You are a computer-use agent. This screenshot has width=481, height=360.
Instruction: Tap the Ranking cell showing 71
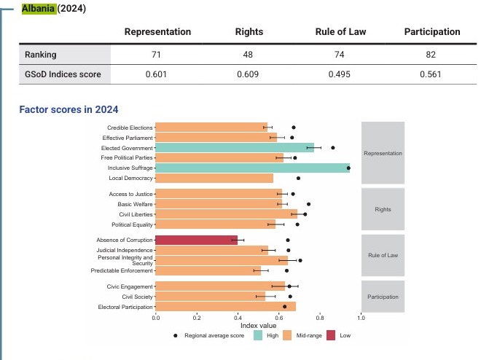(157, 54)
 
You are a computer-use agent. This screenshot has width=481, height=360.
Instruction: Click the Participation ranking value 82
(433, 54)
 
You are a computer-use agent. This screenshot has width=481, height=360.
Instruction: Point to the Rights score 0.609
(249, 74)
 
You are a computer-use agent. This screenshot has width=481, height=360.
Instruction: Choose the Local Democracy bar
(214, 178)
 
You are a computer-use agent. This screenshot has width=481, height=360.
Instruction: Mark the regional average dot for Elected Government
(333, 147)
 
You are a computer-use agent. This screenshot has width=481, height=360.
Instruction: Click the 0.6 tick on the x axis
(279, 318)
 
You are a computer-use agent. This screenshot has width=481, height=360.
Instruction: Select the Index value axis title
(259, 326)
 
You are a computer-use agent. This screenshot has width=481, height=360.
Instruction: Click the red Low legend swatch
(330, 336)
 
